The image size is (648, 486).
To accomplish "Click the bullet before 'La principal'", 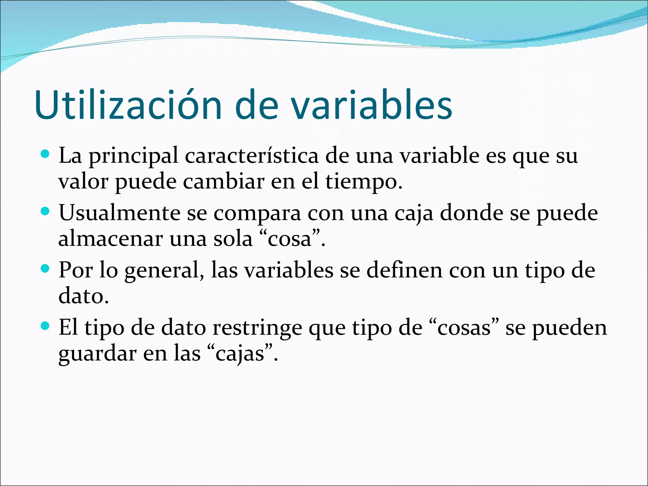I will click(46, 154).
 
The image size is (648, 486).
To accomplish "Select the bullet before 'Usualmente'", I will click(46, 211).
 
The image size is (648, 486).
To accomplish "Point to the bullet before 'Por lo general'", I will click(46, 269).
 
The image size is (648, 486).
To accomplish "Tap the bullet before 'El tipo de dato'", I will click(46, 326).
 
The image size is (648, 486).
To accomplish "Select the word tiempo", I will click(364, 182).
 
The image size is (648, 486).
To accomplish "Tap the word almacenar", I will click(111, 239).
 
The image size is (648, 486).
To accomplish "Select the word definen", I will click(404, 270).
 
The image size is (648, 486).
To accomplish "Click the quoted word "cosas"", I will click(464, 328).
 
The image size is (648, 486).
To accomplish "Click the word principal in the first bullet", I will click(134, 157).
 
